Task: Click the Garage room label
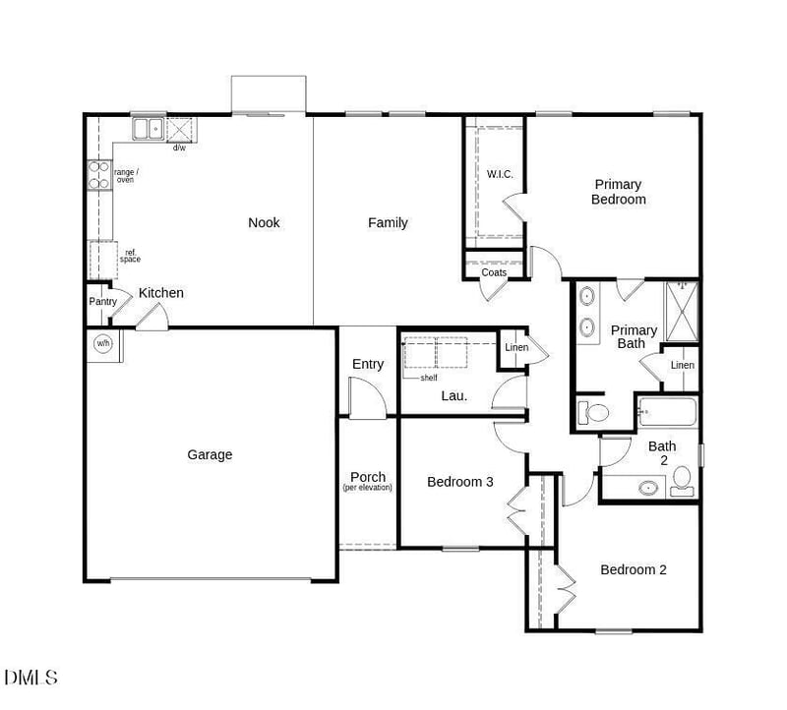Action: click(210, 454)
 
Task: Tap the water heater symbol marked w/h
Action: click(103, 344)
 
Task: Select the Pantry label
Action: click(102, 301)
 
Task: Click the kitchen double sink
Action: click(149, 128)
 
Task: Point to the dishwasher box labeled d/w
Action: click(180, 130)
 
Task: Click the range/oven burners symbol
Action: click(98, 175)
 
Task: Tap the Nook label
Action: click(264, 222)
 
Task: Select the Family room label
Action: click(388, 222)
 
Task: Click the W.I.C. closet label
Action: click(500, 174)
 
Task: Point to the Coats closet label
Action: click(494, 272)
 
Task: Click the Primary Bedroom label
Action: click(618, 192)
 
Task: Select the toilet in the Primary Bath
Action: click(592, 411)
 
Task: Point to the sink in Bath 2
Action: click(648, 486)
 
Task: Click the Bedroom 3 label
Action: click(459, 482)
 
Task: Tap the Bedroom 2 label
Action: click(634, 569)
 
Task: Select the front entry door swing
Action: click(366, 399)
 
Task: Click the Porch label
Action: click(368, 478)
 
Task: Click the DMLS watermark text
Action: click(30, 678)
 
